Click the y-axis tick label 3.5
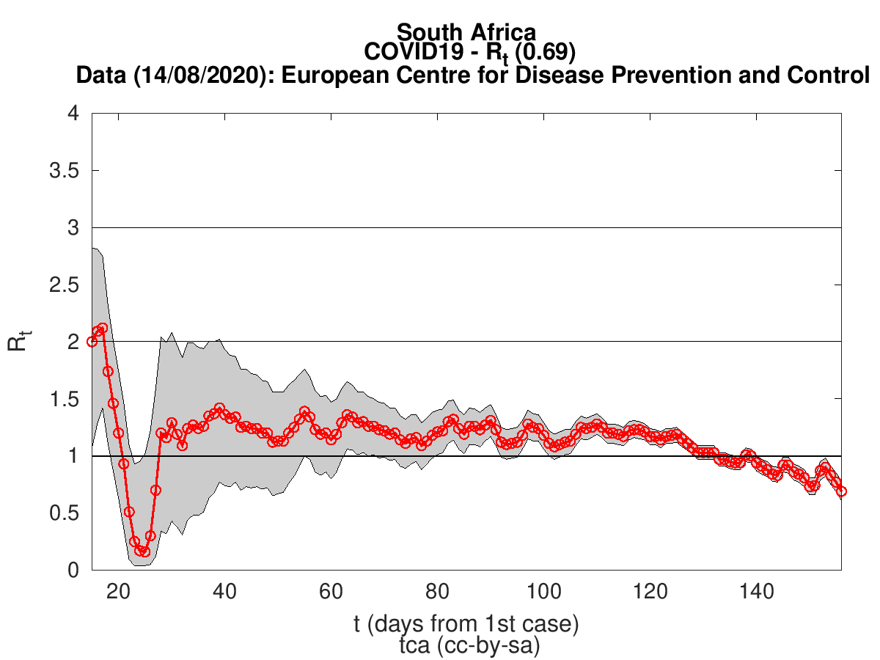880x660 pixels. (x=64, y=171)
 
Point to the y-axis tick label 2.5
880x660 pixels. (x=64, y=285)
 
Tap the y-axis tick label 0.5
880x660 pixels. (x=64, y=513)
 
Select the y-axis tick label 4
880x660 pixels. (x=73, y=113)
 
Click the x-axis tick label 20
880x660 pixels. (x=118, y=592)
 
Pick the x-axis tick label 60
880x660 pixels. (x=331, y=592)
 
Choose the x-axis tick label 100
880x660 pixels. (x=543, y=592)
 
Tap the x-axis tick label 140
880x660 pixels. (x=756, y=592)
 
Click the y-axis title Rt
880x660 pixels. (x=18, y=342)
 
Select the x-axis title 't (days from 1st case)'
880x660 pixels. (x=466, y=624)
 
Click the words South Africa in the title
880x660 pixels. (x=466, y=32)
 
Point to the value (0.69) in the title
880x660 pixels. (x=546, y=51)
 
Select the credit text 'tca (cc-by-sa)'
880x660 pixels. (x=469, y=645)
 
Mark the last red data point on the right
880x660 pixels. (x=842, y=491)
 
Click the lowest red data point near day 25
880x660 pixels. (x=145, y=551)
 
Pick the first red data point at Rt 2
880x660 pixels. (x=92, y=342)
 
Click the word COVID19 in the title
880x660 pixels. (x=414, y=51)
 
